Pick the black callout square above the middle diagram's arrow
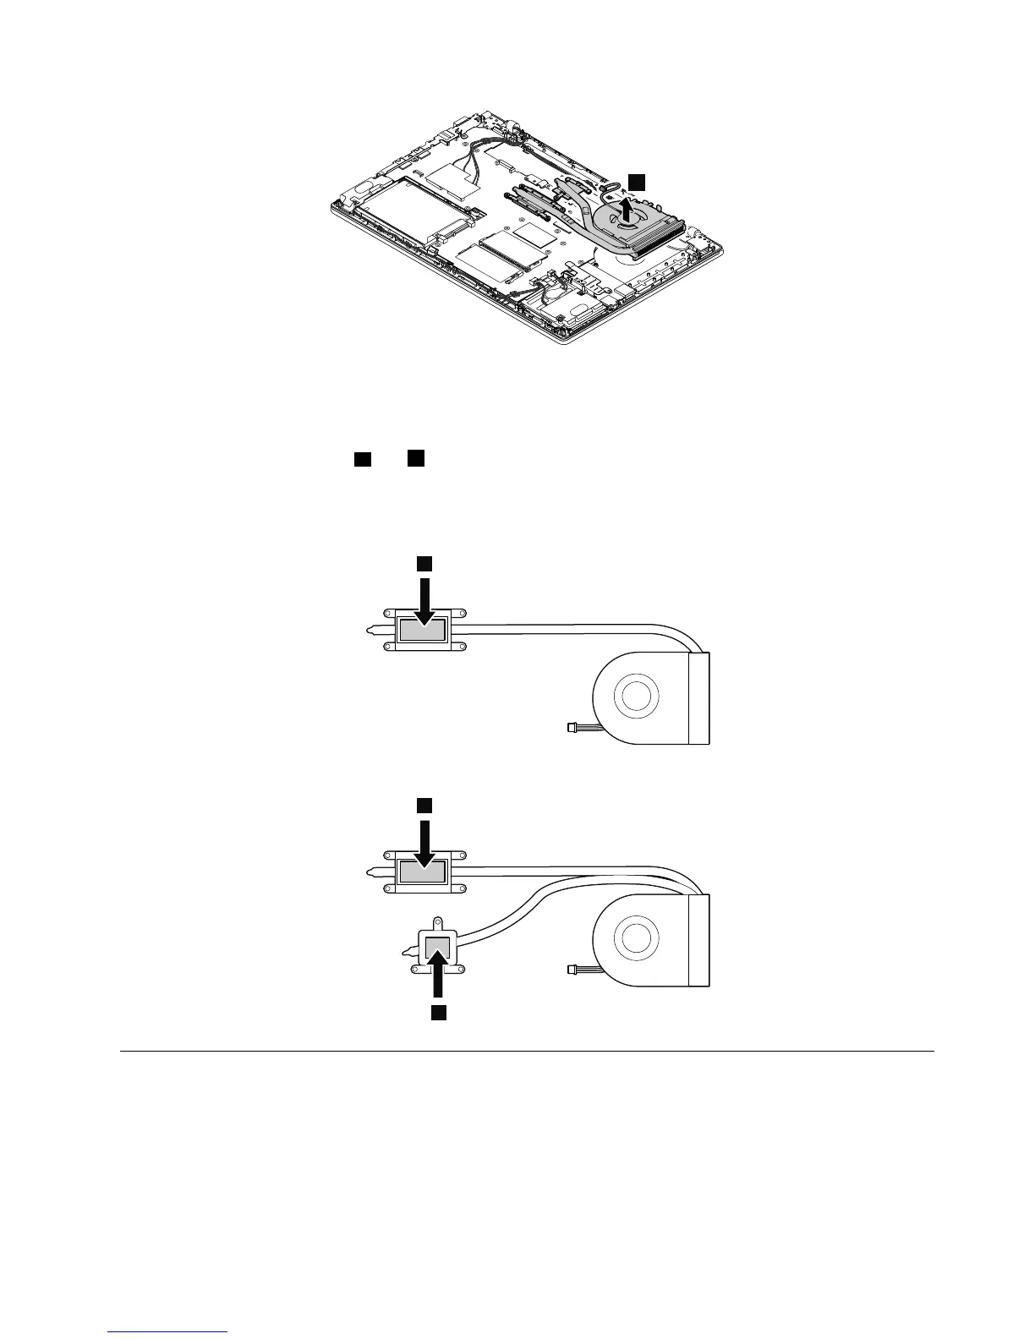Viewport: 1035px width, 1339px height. click(424, 562)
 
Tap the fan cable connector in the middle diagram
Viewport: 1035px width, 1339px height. click(572, 726)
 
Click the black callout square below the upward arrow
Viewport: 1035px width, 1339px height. click(437, 1012)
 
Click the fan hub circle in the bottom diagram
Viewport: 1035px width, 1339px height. click(638, 939)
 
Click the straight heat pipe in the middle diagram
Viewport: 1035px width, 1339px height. click(575, 628)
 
